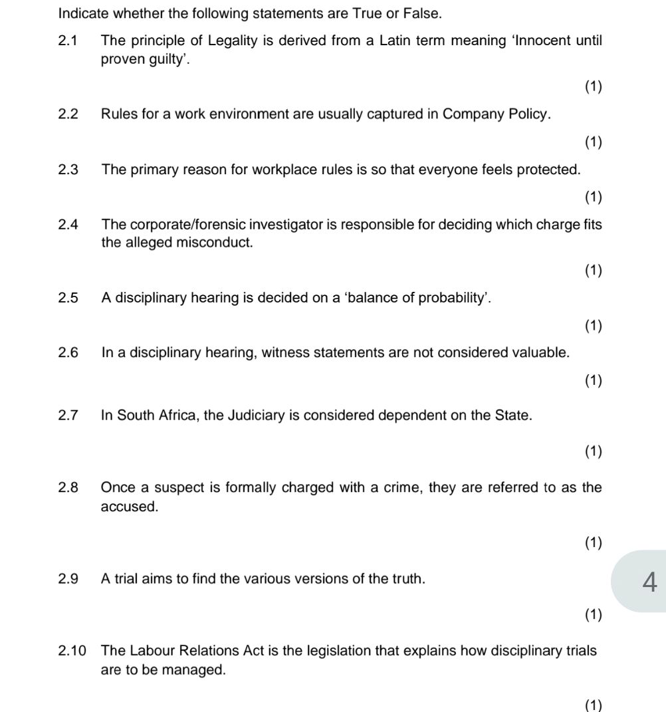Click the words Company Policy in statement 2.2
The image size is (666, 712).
tap(496, 114)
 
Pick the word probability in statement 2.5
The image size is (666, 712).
tap(453, 297)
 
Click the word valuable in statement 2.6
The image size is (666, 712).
tap(542, 352)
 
